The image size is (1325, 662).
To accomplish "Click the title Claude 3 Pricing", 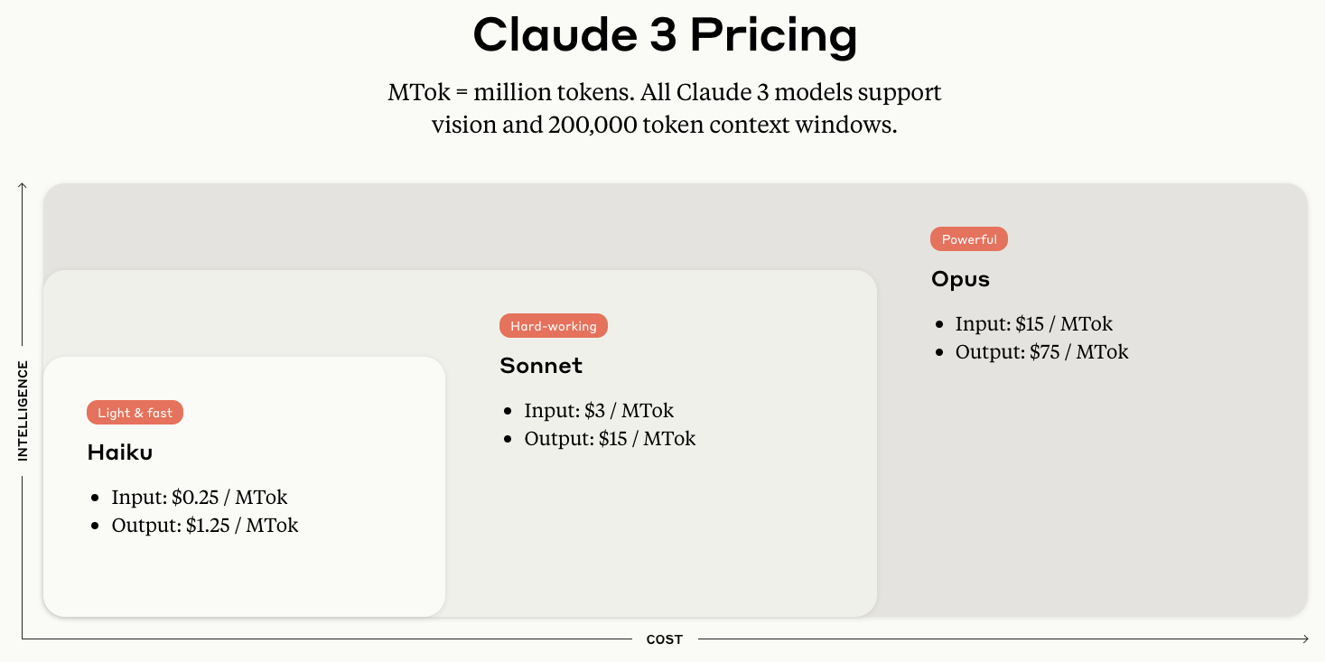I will tap(665, 36).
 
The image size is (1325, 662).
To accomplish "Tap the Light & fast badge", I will tap(135, 413).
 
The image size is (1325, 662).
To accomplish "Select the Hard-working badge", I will tap(553, 326).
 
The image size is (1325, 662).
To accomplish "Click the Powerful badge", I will tap(968, 239).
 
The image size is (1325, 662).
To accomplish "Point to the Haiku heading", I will tap(119, 452).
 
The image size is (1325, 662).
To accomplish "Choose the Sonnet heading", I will tap(540, 366).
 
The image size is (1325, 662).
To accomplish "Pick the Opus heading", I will tap(960, 279).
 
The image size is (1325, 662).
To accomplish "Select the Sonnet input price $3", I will tap(595, 410).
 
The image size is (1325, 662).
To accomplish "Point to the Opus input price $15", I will tap(1030, 323).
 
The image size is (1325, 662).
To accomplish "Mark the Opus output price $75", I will tap(1045, 351).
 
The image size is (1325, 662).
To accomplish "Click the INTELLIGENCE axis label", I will tap(23, 411).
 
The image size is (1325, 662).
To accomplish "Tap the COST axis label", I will tap(665, 639).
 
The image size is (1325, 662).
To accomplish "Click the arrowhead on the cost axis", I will tap(1304, 639).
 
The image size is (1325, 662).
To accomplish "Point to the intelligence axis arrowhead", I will tap(23, 186).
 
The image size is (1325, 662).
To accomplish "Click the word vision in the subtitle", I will tap(464, 125).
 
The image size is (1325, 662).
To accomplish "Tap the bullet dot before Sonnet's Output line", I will tap(508, 440).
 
